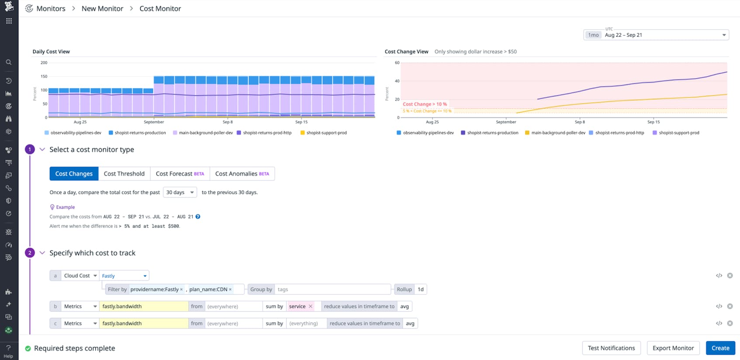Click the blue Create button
tap(720, 348)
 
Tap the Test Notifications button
tap(611, 348)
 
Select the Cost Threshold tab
tap(124, 174)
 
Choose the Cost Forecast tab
tap(180, 174)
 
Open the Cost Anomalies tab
tap(242, 174)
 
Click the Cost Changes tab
tap(74, 174)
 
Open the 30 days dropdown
tap(180, 192)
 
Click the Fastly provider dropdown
tap(124, 276)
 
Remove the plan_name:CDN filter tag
tap(230, 289)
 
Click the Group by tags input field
tap(332, 289)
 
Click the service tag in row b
tap(297, 306)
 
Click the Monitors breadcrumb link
tap(51, 9)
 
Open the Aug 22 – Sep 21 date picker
tap(656, 35)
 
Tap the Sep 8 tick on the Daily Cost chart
tap(228, 122)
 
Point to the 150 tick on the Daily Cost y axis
tap(44, 76)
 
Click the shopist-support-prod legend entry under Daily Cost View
tap(326, 133)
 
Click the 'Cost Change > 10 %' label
tap(425, 104)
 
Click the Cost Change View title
tap(406, 52)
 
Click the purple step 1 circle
tap(30, 149)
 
